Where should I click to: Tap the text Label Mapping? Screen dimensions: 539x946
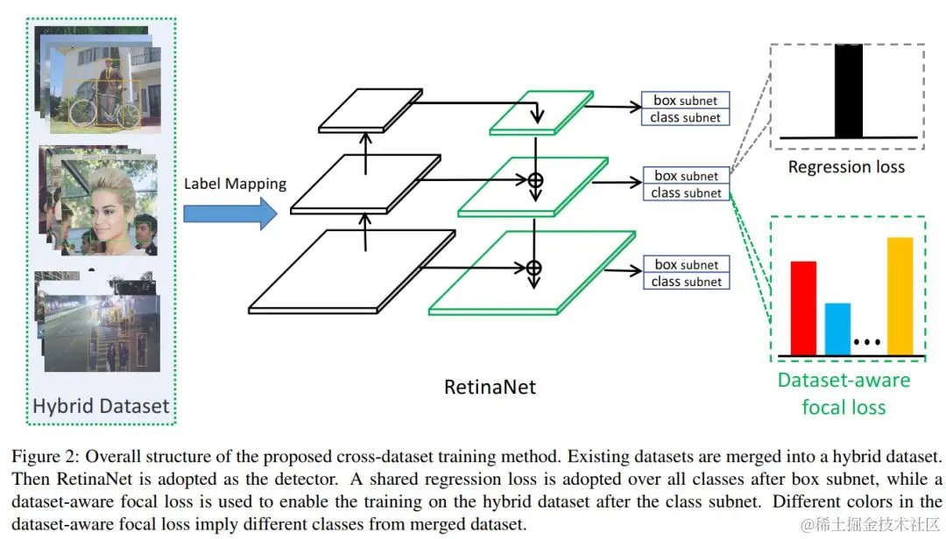coord(235,184)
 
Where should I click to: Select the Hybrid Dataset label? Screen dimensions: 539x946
coord(100,406)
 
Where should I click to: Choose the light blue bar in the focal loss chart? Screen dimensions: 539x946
coord(837,329)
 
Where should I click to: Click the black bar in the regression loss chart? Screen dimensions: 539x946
coord(849,91)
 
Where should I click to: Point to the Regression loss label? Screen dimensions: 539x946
coord(846,166)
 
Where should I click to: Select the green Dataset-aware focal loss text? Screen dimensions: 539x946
coord(844,393)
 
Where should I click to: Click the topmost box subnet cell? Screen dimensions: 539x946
coord(686,101)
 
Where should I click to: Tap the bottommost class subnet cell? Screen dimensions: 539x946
coord(686,282)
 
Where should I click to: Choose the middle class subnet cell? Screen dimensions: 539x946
coord(686,192)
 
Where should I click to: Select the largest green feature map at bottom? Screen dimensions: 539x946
coord(531,271)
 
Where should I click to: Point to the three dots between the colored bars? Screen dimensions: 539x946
coord(865,342)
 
